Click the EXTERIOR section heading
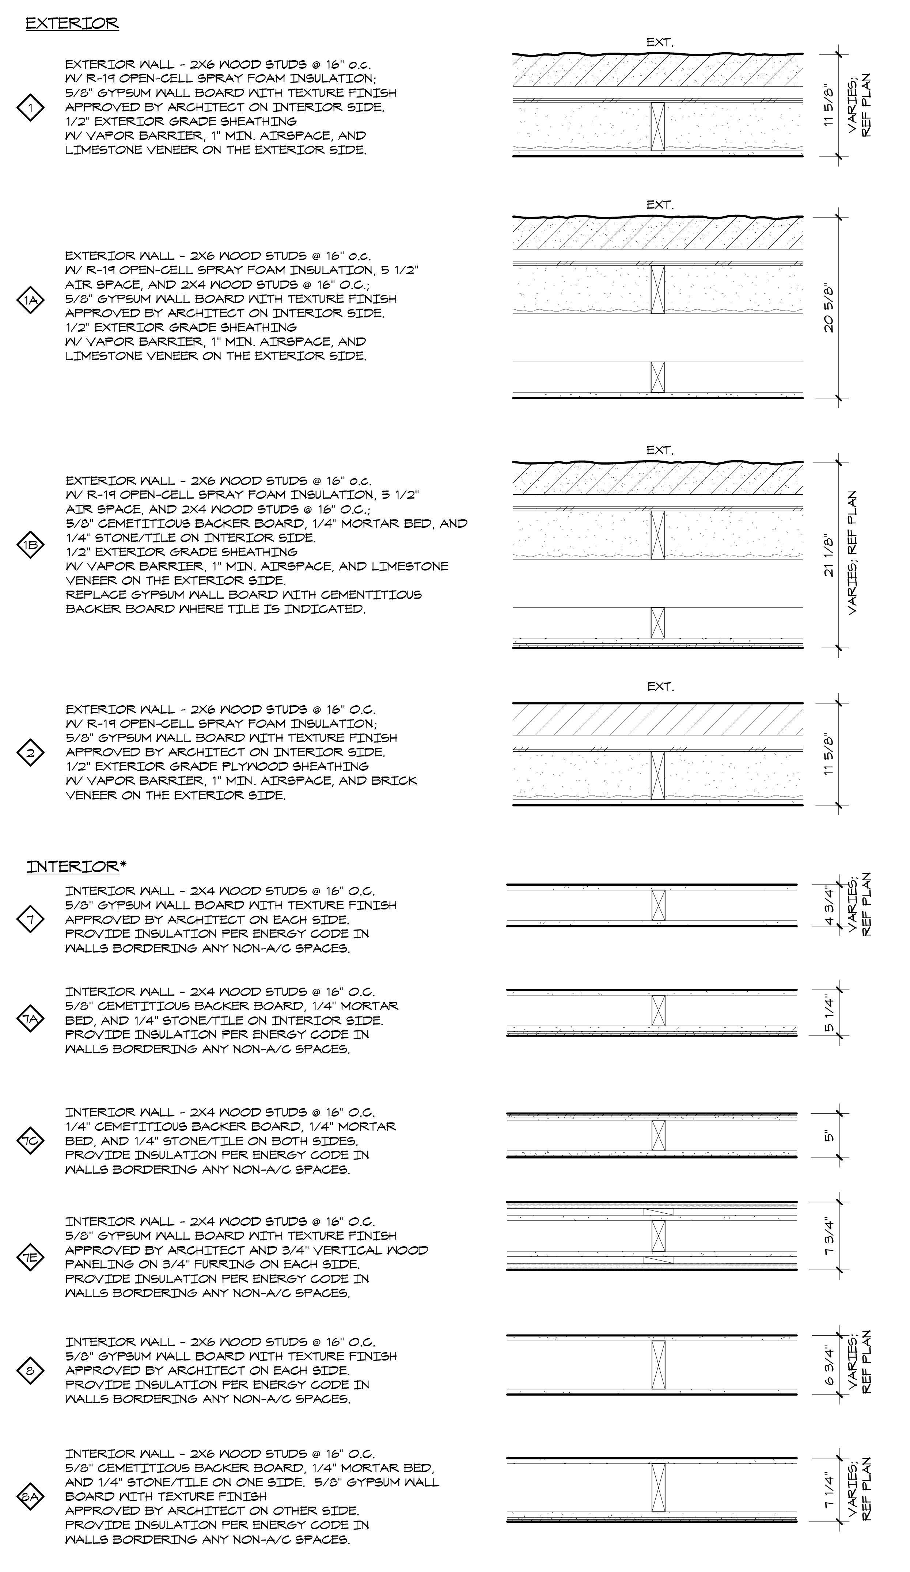[x=72, y=24]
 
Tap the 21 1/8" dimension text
[x=828, y=554]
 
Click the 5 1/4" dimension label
[x=828, y=1014]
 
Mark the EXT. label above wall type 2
[x=660, y=687]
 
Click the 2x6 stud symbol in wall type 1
[x=657, y=127]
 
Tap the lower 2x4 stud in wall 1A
[x=657, y=377]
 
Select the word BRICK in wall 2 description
[x=394, y=781]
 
